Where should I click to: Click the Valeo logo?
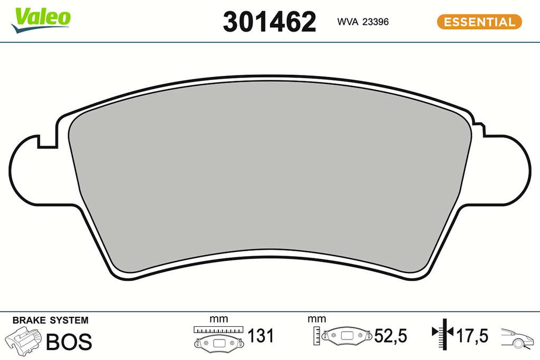point(41,20)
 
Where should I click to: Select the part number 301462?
point(269,22)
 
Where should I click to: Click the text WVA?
point(348,22)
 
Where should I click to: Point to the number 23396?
point(375,22)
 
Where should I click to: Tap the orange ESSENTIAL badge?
point(479,22)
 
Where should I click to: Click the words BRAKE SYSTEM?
point(50,320)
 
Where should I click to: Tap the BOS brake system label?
point(69,342)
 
